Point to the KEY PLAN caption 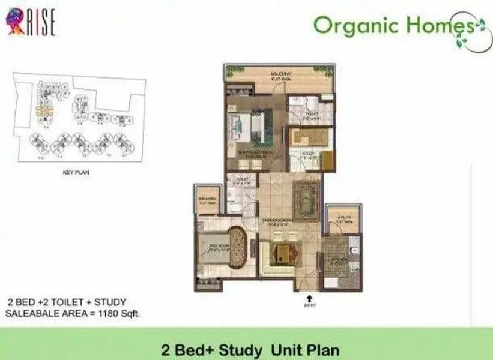pyautogui.click(x=76, y=172)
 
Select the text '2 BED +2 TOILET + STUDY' pyautogui.click(x=67, y=302)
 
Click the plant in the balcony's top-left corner pyautogui.click(x=230, y=71)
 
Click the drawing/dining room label pyautogui.click(x=277, y=221)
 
